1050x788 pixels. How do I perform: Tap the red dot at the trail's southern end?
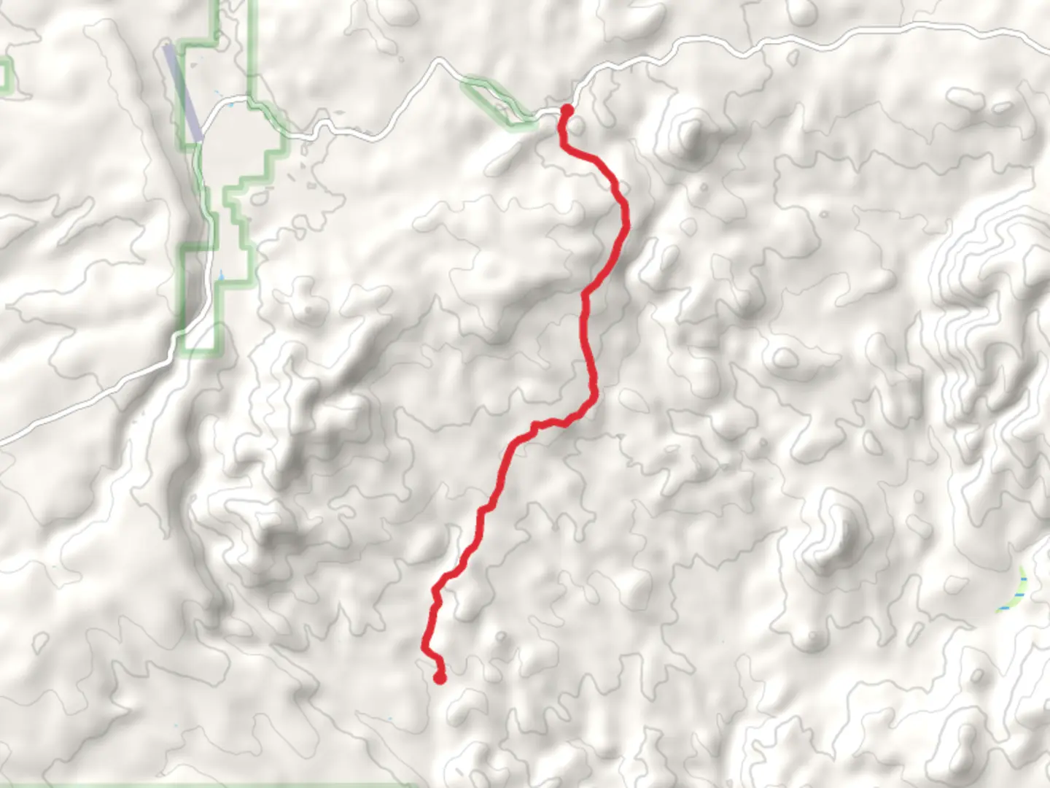pyautogui.click(x=440, y=679)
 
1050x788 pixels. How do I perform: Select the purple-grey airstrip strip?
pyautogui.click(x=182, y=91)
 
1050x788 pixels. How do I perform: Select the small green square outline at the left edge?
pyautogui.click(x=6, y=74)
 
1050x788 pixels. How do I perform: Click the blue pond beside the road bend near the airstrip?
pyautogui.click(x=231, y=107)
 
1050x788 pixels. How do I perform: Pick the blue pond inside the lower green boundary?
pyautogui.click(x=222, y=277)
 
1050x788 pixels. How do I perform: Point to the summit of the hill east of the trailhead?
pyautogui.click(x=689, y=131)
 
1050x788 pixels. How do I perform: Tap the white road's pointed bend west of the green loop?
pyautogui.click(x=437, y=63)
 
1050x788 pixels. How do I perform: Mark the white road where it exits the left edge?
pyautogui.click(x=3, y=441)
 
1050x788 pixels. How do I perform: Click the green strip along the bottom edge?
pyautogui.click(x=204, y=785)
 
